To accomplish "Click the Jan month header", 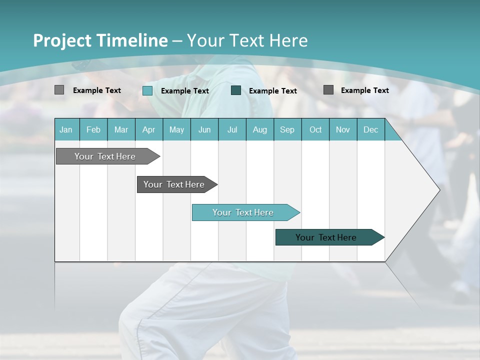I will [66, 129].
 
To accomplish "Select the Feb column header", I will [93, 129].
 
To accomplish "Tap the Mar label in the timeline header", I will [121, 129].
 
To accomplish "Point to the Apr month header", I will [149, 129].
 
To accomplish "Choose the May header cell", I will [176, 129].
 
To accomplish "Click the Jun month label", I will [204, 129].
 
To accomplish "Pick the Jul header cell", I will [232, 129].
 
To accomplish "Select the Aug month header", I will [260, 129].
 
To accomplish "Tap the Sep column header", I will [287, 129].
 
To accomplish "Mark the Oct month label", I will [315, 129].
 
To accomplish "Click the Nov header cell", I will [343, 129].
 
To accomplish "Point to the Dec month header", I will [370, 129].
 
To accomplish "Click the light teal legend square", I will [147, 90].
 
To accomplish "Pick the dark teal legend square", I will [236, 90].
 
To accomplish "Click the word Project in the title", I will [63, 40].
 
